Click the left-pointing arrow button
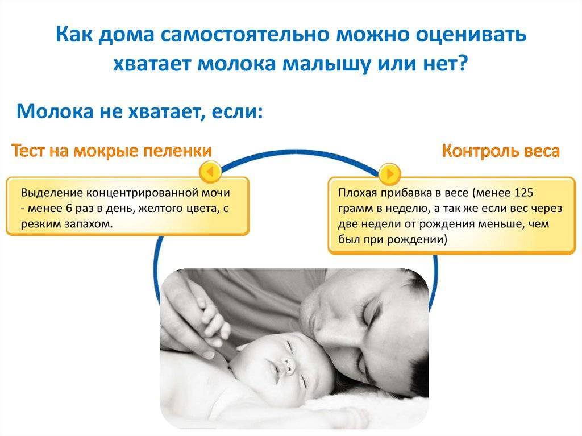pyautogui.click(x=210, y=172)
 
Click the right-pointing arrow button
pyautogui.click(x=389, y=173)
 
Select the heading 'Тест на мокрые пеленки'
pyautogui.click(x=112, y=151)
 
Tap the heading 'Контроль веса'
pyautogui.click(x=501, y=151)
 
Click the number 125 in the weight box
pyautogui.click(x=523, y=193)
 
